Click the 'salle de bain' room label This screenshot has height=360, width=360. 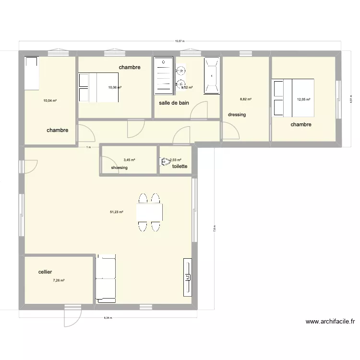[x=173, y=103]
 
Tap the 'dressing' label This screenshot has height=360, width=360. [x=237, y=115]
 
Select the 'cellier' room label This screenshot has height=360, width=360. [x=45, y=272]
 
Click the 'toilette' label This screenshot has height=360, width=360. [x=180, y=166]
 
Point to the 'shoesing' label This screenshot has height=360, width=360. [x=119, y=168]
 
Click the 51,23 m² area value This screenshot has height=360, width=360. [x=117, y=212]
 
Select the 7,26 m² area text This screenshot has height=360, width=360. [x=59, y=280]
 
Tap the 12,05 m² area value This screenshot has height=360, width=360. [x=303, y=100]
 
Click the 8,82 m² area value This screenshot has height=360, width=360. [x=246, y=99]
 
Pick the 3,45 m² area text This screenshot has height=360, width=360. [x=129, y=160]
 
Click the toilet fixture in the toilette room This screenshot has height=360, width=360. [x=165, y=162]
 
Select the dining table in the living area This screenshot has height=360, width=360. [x=149, y=212]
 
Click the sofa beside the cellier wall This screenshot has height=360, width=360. [x=105, y=279]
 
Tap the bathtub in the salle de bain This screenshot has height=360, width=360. [x=211, y=75]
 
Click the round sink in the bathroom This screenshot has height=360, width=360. [x=181, y=71]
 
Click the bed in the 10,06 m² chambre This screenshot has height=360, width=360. [x=98, y=87]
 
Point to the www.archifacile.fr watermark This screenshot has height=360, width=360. [x=330, y=322]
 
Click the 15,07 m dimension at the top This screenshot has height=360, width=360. [x=179, y=42]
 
